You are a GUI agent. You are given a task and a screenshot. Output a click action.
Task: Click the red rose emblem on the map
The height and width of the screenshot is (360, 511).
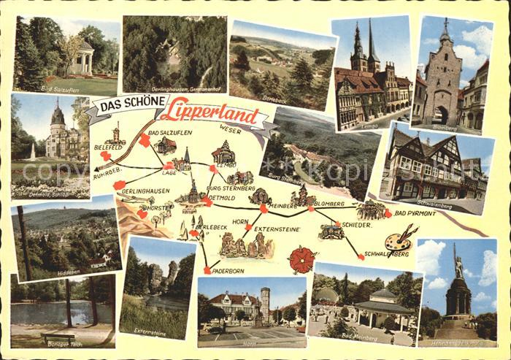click(x=301, y=259)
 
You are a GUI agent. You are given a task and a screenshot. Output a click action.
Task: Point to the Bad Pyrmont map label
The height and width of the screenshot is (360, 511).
click(x=414, y=212)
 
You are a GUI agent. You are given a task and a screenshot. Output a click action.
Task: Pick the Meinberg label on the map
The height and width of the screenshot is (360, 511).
click(x=283, y=206)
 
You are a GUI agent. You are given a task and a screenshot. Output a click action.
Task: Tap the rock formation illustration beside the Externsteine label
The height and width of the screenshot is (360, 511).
click(x=248, y=246)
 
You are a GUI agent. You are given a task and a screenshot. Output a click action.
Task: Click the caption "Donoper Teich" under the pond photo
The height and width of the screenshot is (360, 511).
click(x=64, y=342)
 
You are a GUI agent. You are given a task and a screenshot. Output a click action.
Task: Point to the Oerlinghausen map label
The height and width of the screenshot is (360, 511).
click(x=145, y=190)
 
